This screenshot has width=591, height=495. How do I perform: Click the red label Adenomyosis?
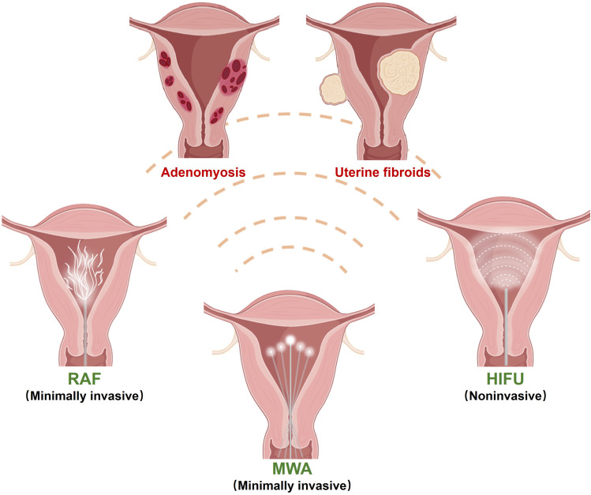coord(203,172)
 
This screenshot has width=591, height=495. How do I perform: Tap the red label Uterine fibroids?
coord(383,172)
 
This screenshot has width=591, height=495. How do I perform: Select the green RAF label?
coord(84,378)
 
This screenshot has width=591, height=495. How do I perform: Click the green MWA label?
coord(292,469)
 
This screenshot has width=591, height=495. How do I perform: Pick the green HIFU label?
coord(506,378)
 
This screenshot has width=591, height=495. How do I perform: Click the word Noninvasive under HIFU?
coord(506,396)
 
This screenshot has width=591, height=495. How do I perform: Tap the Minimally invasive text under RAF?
coord(84,396)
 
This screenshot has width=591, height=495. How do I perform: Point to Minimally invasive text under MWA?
coord(292,486)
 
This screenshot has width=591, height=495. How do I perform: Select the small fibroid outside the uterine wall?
coord(333,89)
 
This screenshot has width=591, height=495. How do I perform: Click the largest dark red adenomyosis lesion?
coord(234,76)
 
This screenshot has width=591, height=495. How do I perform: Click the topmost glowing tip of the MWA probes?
coord(290,340)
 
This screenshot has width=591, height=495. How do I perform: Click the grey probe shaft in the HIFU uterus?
coord(506,326)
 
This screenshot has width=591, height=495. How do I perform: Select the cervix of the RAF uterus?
coord(84,356)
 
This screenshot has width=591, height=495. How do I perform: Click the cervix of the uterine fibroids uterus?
coord(380,150)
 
